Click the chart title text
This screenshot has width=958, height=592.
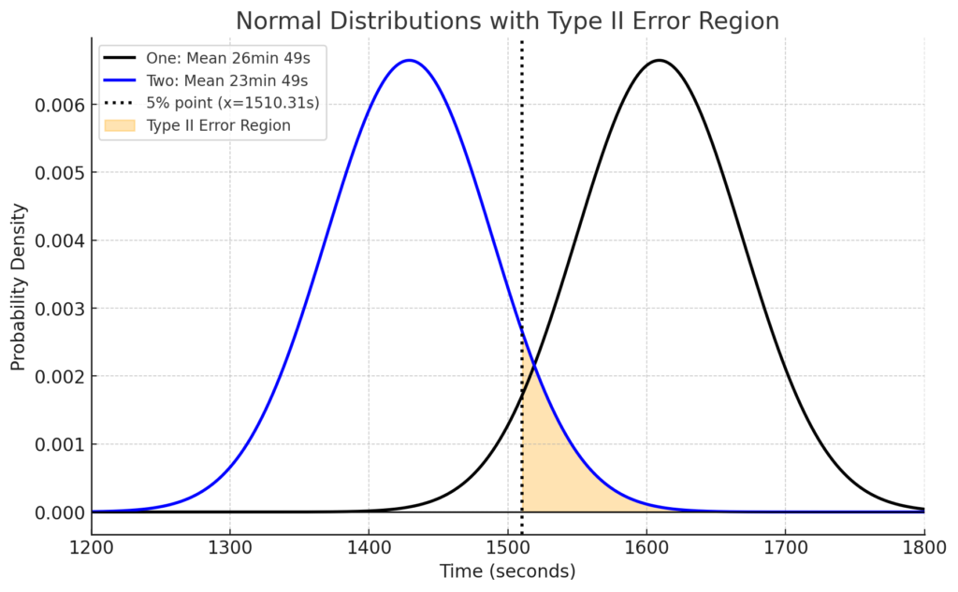pyautogui.click(x=507, y=21)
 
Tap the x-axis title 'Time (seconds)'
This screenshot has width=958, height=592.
pyautogui.click(x=508, y=570)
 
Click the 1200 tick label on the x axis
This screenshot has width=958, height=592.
pyautogui.click(x=92, y=545)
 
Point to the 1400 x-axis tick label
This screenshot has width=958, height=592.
pyautogui.click(x=369, y=545)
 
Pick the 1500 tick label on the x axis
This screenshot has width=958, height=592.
pyautogui.click(x=508, y=545)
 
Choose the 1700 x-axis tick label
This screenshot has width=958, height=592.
pyautogui.click(x=785, y=545)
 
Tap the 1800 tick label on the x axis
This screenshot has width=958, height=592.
pyautogui.click(x=923, y=545)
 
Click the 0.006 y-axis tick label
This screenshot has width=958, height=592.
pyautogui.click(x=58, y=105)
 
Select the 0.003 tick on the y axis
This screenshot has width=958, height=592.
pyautogui.click(x=58, y=309)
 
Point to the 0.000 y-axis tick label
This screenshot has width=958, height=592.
pyautogui.click(x=58, y=513)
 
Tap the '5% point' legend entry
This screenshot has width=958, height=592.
pyautogui.click(x=233, y=103)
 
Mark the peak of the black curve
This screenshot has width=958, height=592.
pyautogui.click(x=659, y=61)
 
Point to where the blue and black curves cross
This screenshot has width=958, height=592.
pyautogui.click(x=533, y=364)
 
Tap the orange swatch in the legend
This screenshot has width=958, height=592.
pyautogui.click(x=121, y=126)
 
